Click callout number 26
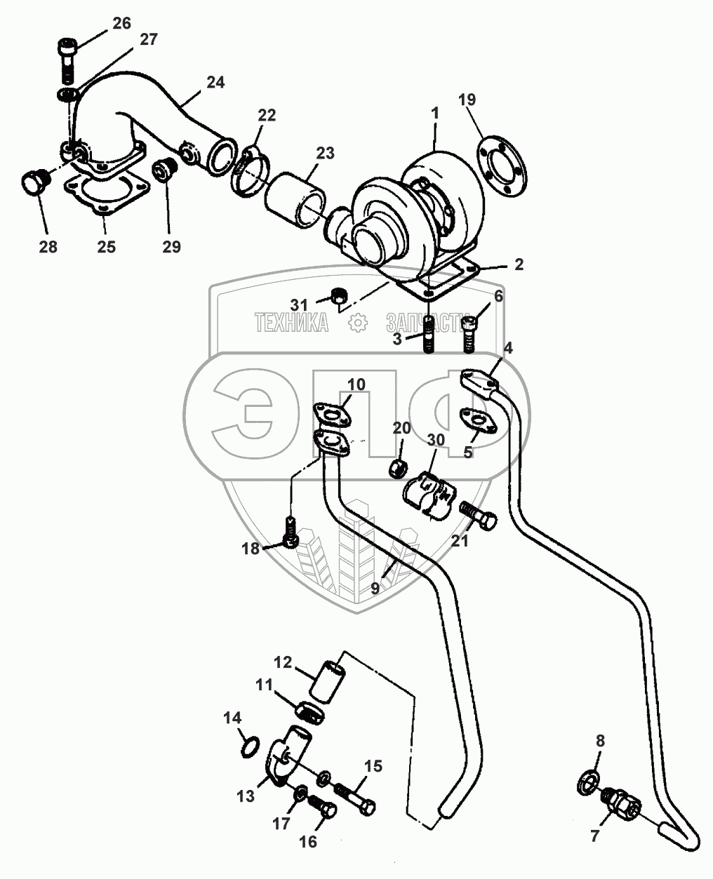tap(122, 24)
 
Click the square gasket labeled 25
tap(107, 194)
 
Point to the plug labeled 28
tap(35, 182)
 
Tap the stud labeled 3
tap(429, 334)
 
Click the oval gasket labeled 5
tap(478, 420)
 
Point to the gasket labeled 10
tap(332, 415)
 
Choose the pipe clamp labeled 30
tap(429, 495)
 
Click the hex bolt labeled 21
tap(478, 516)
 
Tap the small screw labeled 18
tap(291, 532)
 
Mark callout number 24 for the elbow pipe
tap(215, 82)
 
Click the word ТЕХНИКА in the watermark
tap(291, 322)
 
